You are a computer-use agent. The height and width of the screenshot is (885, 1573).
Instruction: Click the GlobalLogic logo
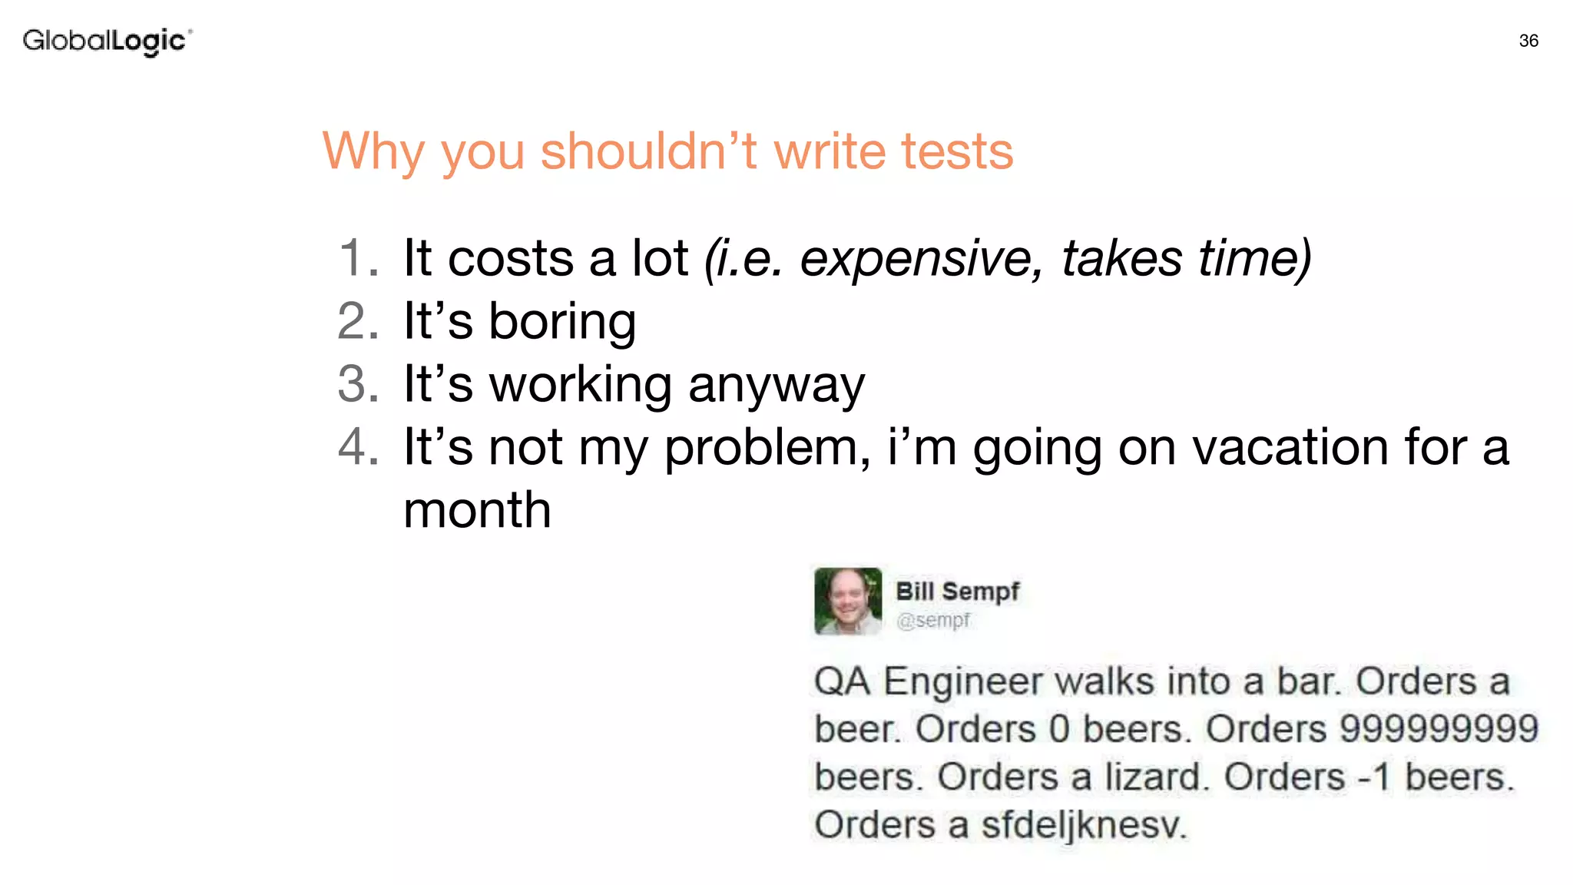click(x=107, y=41)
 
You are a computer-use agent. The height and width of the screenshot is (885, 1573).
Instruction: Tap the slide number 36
click(x=1528, y=41)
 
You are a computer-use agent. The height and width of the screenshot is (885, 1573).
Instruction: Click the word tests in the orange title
click(x=957, y=151)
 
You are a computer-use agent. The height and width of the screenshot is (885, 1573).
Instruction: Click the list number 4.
click(x=358, y=447)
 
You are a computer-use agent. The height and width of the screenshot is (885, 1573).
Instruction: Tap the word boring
click(x=562, y=321)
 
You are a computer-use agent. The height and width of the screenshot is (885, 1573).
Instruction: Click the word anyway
click(x=777, y=385)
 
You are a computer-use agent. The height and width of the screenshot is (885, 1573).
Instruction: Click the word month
click(x=477, y=510)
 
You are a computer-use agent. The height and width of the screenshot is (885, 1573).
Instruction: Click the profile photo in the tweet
click(x=848, y=601)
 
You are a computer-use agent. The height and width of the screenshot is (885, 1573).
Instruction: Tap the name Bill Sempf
click(x=957, y=592)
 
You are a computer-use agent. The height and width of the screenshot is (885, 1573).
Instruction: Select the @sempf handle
click(x=933, y=620)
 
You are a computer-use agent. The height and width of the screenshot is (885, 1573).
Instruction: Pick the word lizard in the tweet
click(x=1153, y=777)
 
